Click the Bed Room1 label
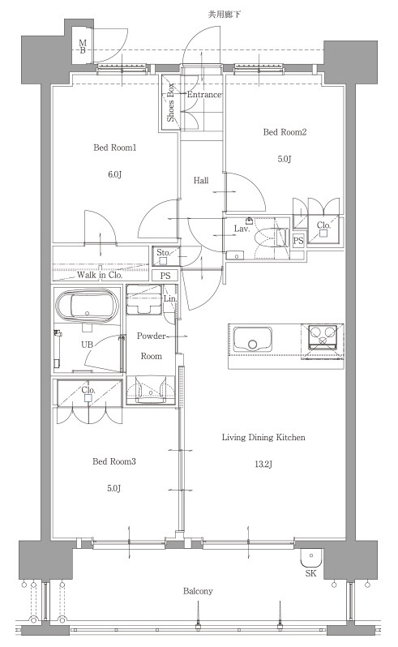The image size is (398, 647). point(114,148)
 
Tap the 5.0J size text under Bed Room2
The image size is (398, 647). point(285,159)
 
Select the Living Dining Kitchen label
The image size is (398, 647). point(263,437)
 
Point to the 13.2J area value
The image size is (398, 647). point(263,465)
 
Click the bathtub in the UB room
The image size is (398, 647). point(87,307)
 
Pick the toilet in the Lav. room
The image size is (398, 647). point(272,238)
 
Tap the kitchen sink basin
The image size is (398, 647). point(253,338)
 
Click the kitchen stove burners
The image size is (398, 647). point(323,335)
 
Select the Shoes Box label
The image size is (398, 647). point(170,103)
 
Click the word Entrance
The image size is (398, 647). point(204,95)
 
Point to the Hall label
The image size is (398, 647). point(201,180)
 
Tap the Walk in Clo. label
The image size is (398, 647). point(100,275)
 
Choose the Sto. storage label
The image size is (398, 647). point(163,252)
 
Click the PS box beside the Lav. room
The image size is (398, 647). point(298,240)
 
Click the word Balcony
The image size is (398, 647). point(198,591)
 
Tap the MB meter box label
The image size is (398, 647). point(83,47)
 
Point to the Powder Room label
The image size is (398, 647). point(152,345)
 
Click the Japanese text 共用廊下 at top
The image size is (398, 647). point(225,15)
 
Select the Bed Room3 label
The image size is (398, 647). point(114,461)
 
